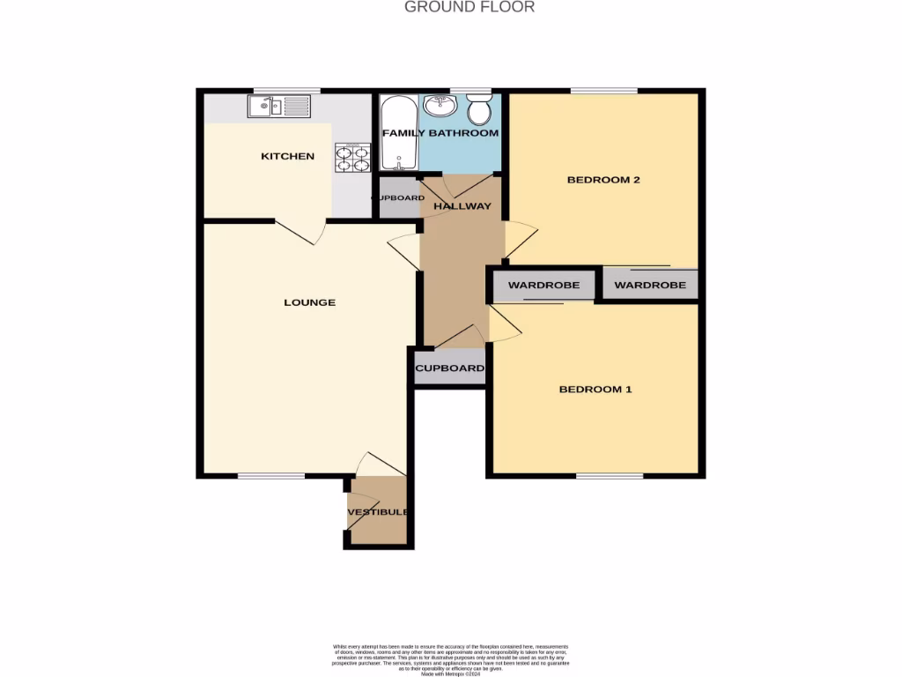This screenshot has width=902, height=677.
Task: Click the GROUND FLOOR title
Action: coord(469,7)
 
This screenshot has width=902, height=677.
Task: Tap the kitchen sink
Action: coord(279,108)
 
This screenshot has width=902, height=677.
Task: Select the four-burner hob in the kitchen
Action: coord(351,158)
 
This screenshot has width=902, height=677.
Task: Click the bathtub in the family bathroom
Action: coord(399,134)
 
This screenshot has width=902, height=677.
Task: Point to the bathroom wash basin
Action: coord(440,106)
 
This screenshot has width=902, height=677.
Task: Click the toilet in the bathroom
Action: coord(479,110)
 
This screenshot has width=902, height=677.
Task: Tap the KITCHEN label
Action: coord(287,156)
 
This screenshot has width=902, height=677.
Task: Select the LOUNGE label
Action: coord(309,302)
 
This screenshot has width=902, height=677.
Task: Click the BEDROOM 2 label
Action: coord(603,180)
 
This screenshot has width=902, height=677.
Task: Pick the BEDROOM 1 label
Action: coord(595,389)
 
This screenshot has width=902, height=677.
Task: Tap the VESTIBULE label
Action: coord(378,512)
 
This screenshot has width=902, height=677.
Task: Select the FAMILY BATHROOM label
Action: coord(440,133)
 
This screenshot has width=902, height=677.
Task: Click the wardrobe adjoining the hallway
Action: coord(543,286)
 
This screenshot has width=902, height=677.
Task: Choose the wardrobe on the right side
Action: coord(650,285)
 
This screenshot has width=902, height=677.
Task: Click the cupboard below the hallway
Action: coord(449,368)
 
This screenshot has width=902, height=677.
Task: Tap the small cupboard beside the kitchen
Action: coord(396,198)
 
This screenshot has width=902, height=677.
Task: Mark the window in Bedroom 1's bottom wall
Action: coord(610,476)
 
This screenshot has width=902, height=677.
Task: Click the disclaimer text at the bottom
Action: coord(451,658)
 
